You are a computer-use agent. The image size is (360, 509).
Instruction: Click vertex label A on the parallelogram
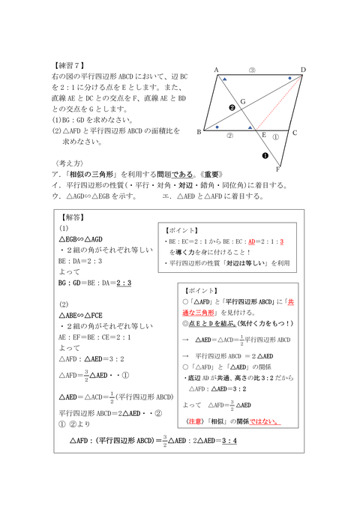coord(216,70)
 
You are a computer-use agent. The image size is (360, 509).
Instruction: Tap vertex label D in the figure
coord(302,70)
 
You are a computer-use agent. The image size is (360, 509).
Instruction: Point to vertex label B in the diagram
coord(199,132)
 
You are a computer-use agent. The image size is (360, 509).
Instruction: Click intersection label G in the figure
coord(242,100)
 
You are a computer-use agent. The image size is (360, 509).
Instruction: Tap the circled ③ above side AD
coord(252,70)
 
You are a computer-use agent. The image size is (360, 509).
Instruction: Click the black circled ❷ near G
coord(232,108)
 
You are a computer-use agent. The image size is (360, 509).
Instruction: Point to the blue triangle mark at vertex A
coord(224,78)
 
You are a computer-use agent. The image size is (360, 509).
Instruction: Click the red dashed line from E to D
coord(280,103)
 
